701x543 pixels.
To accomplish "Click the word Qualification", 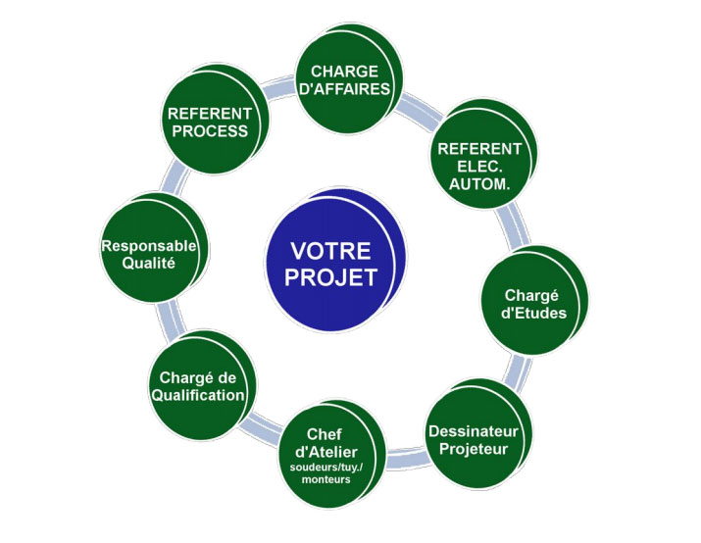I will coord(198,395).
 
